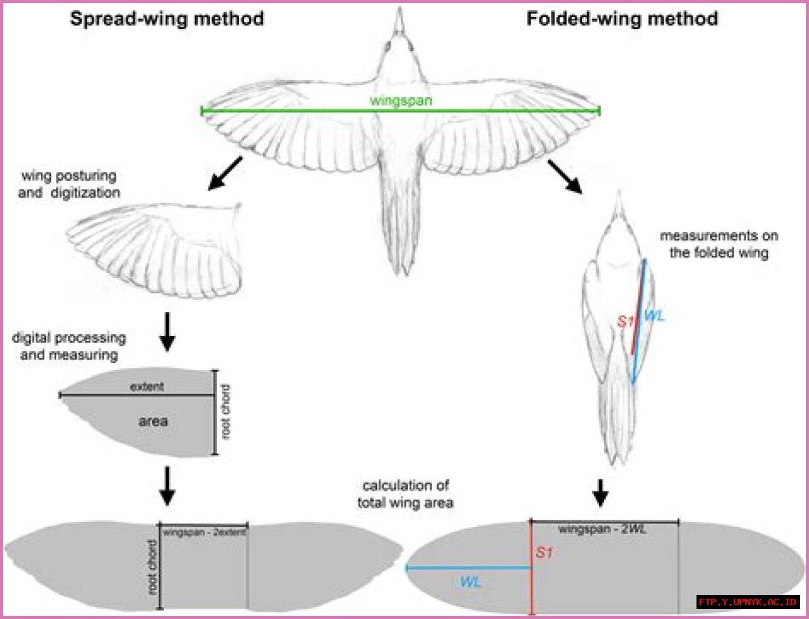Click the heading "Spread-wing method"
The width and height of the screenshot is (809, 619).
pos(167,18)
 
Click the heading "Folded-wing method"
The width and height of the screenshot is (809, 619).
pos(622,18)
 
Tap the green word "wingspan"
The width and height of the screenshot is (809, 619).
pos(401,100)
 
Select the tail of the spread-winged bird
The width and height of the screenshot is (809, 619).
pos(399,227)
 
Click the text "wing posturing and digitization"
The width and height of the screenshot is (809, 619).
pos(69,184)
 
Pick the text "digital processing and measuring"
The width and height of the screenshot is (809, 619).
pos(69,346)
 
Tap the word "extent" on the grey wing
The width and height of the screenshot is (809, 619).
pos(147,386)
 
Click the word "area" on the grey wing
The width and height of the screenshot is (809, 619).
pos(153,421)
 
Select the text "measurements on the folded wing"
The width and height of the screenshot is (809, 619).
pos(719,244)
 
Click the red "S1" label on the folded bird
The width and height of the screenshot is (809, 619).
pos(625,322)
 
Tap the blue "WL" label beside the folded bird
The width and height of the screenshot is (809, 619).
pos(654,316)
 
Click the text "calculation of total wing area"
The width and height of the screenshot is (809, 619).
pos(405,494)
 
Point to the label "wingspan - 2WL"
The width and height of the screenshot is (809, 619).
pos(602,529)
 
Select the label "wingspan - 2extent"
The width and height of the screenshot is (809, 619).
pos(204,532)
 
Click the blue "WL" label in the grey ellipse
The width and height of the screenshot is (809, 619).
pos(470,582)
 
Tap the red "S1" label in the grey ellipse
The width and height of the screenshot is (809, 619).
pos(544,553)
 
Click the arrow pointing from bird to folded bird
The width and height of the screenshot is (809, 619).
pos(566,175)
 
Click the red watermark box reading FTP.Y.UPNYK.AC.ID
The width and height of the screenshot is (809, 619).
pos(748,602)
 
